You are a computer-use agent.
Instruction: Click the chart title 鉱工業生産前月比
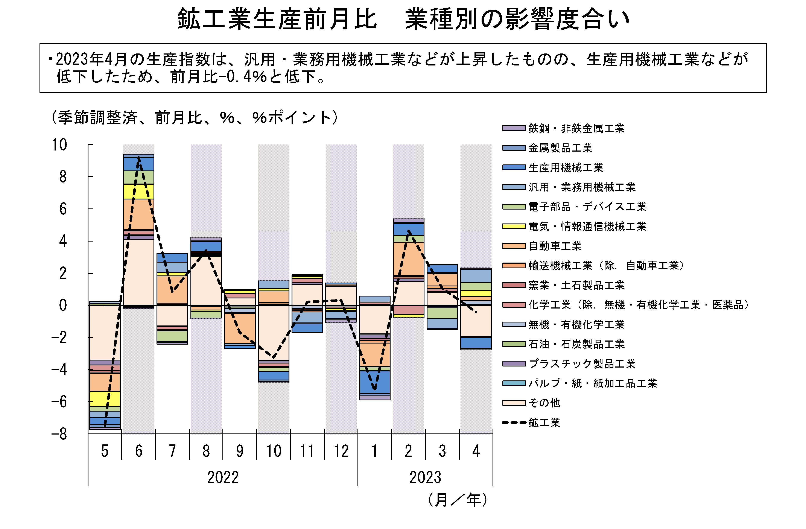coord(277,19)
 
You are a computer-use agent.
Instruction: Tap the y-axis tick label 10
coord(60,145)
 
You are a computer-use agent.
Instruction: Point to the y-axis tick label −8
coord(60,434)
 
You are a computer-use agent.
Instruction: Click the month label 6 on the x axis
coord(138,451)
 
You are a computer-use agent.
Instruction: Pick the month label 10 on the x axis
coord(274,451)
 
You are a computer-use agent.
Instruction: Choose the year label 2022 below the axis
coord(223,477)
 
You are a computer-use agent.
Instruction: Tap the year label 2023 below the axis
coord(425,477)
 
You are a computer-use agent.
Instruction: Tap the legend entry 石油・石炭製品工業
coord(576,344)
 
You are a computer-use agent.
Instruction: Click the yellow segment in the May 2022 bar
coord(105,399)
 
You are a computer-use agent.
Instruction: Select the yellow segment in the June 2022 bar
coord(138,191)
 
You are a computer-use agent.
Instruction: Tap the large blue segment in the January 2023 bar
coord(375,382)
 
